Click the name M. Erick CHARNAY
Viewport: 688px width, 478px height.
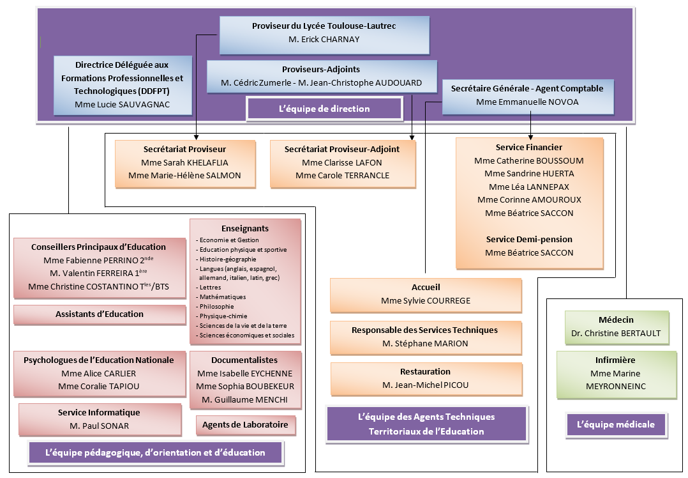(x=324, y=39)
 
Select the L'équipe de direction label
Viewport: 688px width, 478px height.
(x=324, y=109)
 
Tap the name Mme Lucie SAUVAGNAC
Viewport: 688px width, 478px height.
(x=123, y=104)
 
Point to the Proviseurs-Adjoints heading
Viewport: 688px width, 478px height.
(x=321, y=69)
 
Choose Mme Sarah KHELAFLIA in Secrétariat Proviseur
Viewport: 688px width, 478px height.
(x=184, y=162)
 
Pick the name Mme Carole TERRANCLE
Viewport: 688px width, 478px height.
(x=342, y=175)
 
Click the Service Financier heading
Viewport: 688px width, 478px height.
(x=529, y=147)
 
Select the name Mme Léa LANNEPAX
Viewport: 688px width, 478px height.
(x=529, y=187)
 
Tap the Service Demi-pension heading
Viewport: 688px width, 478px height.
(x=529, y=239)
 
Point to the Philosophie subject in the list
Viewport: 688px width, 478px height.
(x=217, y=306)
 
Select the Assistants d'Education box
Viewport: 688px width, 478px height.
(x=100, y=314)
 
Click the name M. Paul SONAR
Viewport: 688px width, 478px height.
(x=99, y=426)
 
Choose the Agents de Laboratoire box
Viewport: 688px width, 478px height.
(x=245, y=424)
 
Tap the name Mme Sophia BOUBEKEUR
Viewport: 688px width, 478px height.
(x=245, y=387)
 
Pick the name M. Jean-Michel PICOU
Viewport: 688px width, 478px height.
(x=425, y=385)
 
